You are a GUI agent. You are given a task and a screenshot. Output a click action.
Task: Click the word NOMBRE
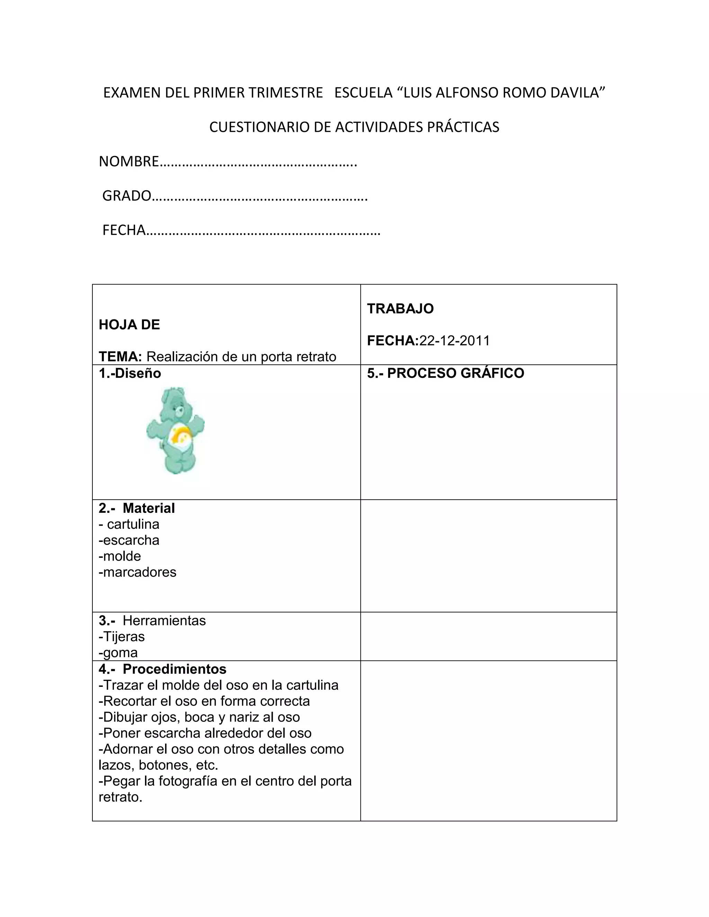click(128, 161)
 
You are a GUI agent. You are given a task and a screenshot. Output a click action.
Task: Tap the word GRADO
click(126, 196)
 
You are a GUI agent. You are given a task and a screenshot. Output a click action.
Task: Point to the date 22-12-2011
click(455, 341)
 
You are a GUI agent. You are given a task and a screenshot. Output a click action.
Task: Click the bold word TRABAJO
click(400, 309)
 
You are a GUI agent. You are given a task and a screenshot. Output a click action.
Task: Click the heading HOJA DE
click(129, 325)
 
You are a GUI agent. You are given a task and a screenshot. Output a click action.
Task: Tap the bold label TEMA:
click(120, 356)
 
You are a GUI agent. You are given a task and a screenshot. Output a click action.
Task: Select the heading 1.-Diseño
click(130, 373)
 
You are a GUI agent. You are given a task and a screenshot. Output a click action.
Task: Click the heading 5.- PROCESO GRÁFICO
click(446, 373)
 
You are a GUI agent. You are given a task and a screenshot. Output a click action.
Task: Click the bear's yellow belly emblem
click(181, 437)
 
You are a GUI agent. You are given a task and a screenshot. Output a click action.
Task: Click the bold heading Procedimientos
click(174, 669)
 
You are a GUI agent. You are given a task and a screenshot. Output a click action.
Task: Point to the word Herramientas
click(164, 620)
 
